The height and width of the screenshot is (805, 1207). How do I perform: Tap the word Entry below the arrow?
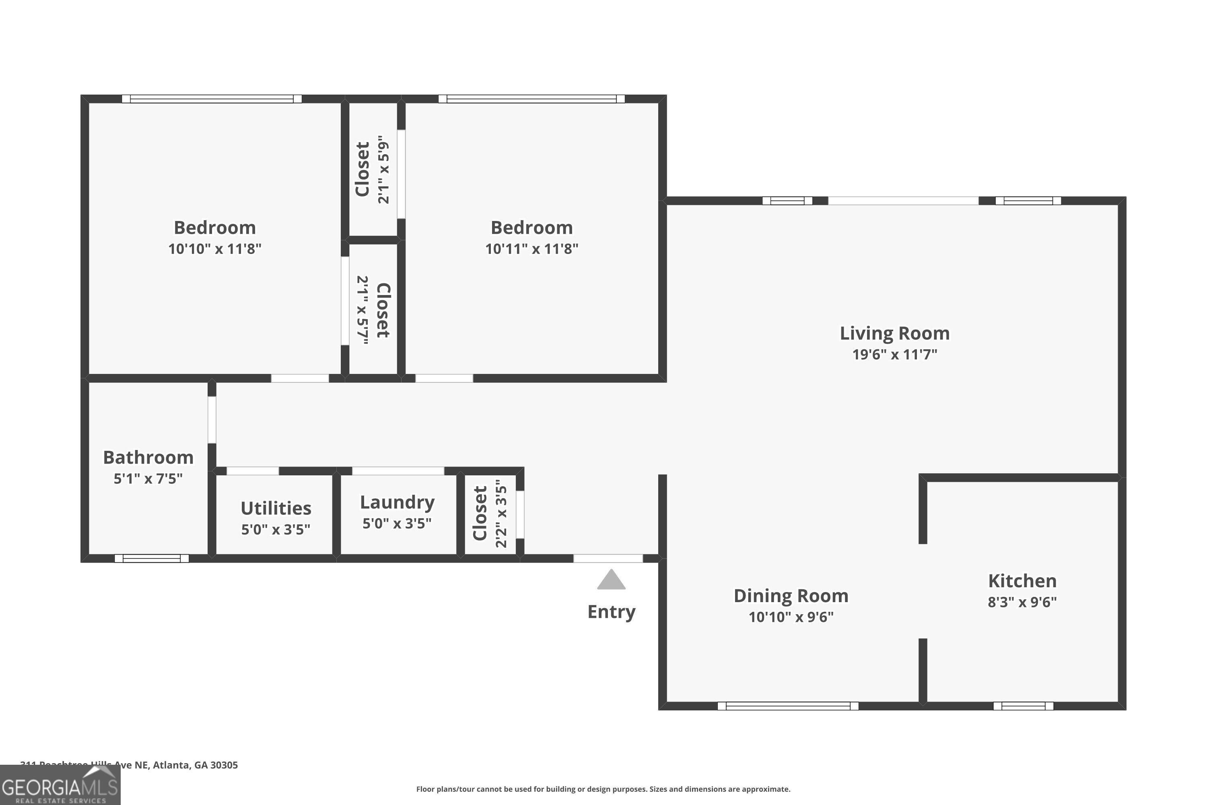[611, 612]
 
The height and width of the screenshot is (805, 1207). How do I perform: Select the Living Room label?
[894, 334]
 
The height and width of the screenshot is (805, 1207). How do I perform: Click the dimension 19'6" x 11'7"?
[894, 355]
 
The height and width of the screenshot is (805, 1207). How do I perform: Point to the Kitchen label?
[1022, 581]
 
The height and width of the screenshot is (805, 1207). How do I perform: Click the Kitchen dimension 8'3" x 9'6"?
[1022, 602]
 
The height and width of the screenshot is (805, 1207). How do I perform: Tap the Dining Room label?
[791, 596]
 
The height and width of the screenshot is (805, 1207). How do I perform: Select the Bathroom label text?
[148, 457]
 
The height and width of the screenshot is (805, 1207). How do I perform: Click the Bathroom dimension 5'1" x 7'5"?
[148, 479]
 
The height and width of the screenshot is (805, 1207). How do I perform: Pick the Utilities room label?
[276, 508]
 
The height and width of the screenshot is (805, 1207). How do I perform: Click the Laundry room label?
[397, 502]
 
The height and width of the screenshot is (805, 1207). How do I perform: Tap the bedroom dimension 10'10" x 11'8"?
[215, 249]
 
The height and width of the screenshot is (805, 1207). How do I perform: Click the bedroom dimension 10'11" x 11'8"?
[531, 249]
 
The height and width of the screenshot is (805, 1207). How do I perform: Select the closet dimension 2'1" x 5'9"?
[383, 169]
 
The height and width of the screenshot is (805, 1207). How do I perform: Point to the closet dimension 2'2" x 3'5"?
[501, 514]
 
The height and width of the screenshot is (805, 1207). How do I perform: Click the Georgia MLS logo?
[60, 786]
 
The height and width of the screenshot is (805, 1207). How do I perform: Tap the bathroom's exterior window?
[151, 559]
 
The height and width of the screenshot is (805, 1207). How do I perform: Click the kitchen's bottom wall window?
[1023, 706]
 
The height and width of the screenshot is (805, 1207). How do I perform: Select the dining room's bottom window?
[788, 706]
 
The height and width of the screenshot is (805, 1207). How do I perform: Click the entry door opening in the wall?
[608, 559]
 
